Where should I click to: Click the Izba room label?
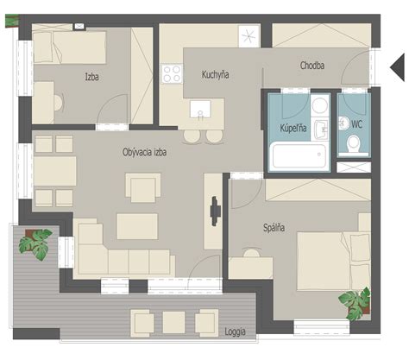(92, 77)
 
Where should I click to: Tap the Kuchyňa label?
(215, 74)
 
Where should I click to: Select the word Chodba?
(312, 66)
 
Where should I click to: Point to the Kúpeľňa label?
(293, 128)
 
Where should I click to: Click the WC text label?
(356, 124)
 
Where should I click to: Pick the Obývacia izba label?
(144, 152)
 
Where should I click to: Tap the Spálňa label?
(274, 227)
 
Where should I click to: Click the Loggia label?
(235, 332)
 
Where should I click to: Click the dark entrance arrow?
(397, 67)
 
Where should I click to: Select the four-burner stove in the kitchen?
(172, 74)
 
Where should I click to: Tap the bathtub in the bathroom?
(299, 155)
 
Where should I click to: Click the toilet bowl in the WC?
(354, 143)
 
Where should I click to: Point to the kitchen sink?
(200, 109)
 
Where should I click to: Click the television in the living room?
(215, 211)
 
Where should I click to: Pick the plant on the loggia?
(35, 243)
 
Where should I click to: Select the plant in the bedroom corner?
(355, 304)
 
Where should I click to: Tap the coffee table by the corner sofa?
(137, 226)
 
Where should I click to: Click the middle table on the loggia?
(173, 322)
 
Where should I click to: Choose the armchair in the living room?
(143, 187)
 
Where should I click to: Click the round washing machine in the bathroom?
(320, 105)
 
